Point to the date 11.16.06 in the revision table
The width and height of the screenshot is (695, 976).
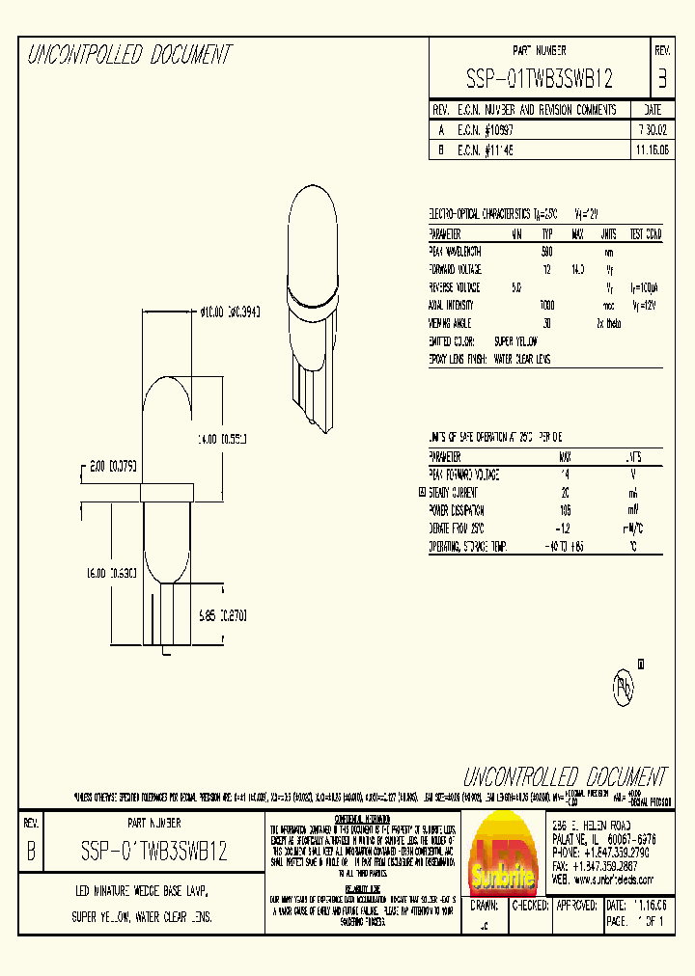(x=652, y=151)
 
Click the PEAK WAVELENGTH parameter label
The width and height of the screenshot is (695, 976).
(x=468, y=252)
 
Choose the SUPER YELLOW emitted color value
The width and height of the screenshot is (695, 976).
(x=515, y=341)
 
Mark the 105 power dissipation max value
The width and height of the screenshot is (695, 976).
(x=565, y=510)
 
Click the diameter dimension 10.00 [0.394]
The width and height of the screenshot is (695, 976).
(x=230, y=312)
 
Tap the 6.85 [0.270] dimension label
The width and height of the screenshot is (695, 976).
(x=222, y=612)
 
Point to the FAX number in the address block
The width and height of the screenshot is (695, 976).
(x=608, y=866)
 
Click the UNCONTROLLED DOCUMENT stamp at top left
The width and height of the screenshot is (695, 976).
(x=129, y=55)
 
